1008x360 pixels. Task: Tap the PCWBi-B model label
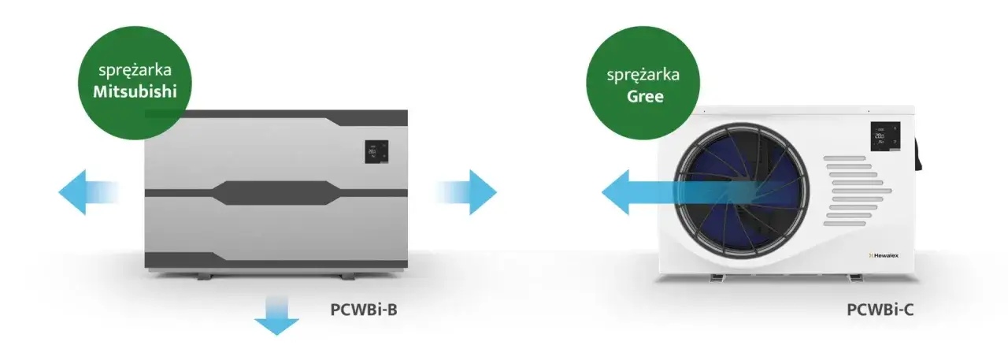click(363, 308)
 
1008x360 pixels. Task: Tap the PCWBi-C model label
click(880, 310)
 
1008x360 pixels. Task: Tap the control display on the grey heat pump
click(376, 151)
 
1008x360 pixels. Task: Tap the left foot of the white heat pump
click(721, 278)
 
